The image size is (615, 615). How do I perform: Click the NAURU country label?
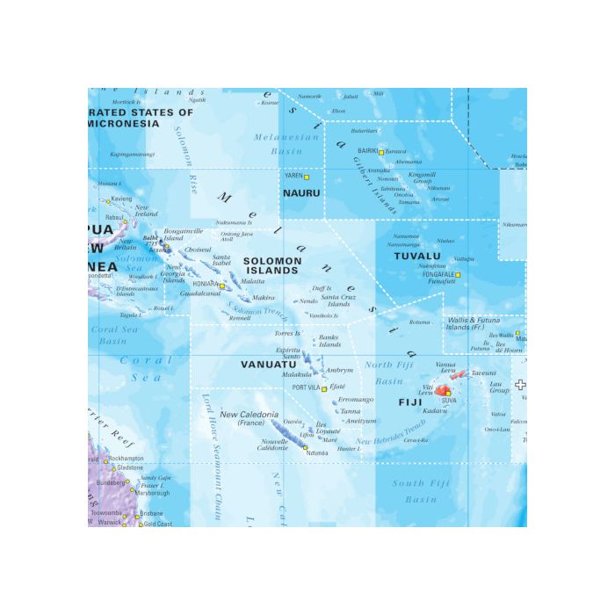pos(301,192)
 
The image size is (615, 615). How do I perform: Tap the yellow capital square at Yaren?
pos(307,177)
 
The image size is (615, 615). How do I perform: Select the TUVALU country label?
pos(416,257)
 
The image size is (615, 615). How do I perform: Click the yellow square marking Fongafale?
pos(458,275)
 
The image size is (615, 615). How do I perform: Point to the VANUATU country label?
pos(269,363)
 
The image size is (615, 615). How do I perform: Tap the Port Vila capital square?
pos(324,388)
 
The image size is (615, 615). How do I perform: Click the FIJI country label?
pos(410,402)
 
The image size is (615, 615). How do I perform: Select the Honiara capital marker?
pos(222,286)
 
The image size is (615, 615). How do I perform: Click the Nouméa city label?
pos(316,453)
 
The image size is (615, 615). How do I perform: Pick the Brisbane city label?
pos(151,513)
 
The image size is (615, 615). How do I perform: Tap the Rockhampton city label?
pos(126,459)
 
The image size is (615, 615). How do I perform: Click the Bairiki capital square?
pos(381,151)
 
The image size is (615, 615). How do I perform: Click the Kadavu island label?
pos(434,410)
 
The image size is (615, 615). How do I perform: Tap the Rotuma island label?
pos(420,322)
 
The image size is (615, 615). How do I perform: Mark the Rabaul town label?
pos(114,217)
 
